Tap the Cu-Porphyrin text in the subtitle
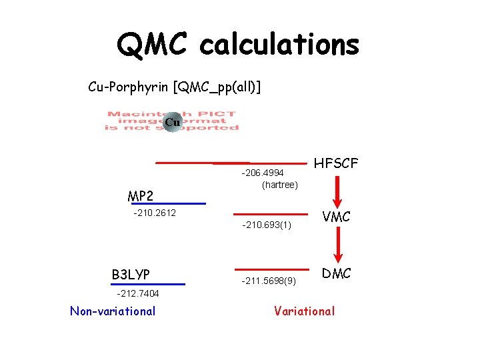129,87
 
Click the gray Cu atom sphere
172,122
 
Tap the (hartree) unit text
280,184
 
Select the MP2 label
141,196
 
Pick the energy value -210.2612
155,213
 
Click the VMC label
337,217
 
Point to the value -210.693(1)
267,225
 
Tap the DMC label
337,273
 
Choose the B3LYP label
131,275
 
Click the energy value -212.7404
138,293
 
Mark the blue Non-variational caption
113,311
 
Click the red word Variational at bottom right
305,311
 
